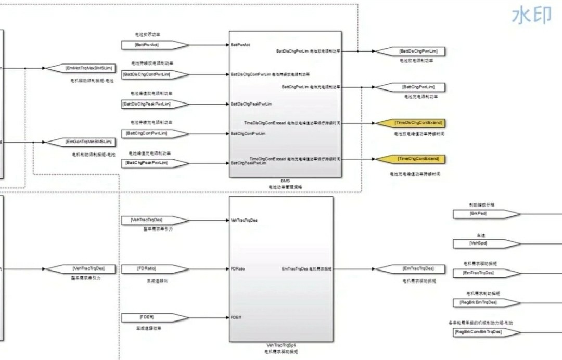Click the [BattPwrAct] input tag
(x=147, y=45)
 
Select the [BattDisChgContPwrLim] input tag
(x=147, y=74)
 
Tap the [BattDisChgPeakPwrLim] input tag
(x=147, y=104)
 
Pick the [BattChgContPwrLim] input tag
(x=147, y=133)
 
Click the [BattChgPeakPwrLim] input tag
(x=147, y=163)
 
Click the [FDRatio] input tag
(x=147, y=268)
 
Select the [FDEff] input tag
(x=147, y=317)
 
